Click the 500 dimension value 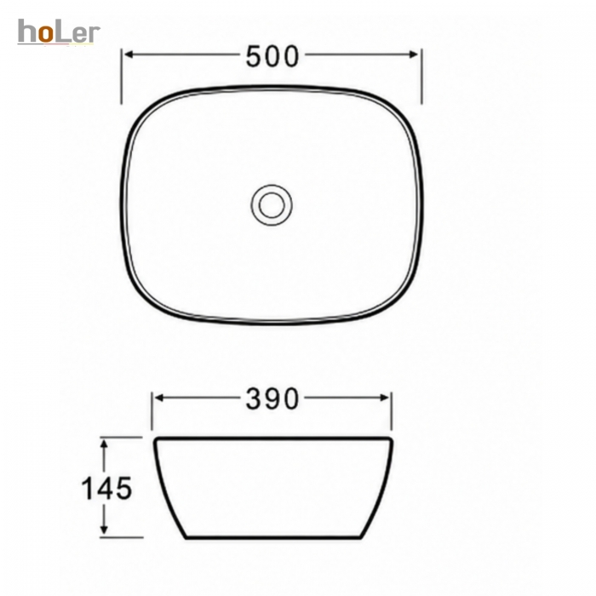272,56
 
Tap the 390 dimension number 272,399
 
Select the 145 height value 106,488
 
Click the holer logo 59,32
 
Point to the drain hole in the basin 272,205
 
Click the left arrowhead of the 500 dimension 129,54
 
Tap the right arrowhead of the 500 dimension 414,54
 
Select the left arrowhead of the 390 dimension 160,398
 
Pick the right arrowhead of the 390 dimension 384,398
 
